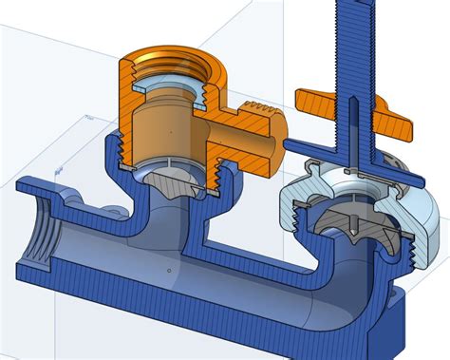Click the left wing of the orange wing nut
pos(318,98)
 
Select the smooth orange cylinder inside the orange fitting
pos(165,128)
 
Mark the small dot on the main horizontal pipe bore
pos(169,270)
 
